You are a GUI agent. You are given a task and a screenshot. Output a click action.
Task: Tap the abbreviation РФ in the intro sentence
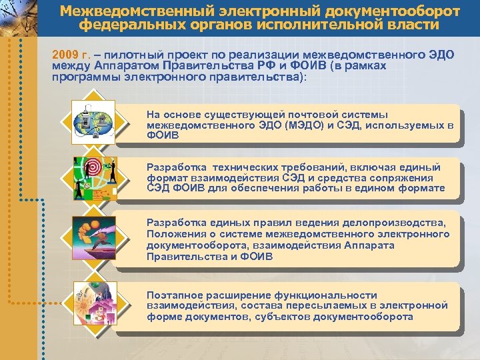pos(259,65)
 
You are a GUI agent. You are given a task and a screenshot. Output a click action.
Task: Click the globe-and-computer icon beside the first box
pos(94,121)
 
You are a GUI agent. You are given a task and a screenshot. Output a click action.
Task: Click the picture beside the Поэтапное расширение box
pos(94,305)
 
